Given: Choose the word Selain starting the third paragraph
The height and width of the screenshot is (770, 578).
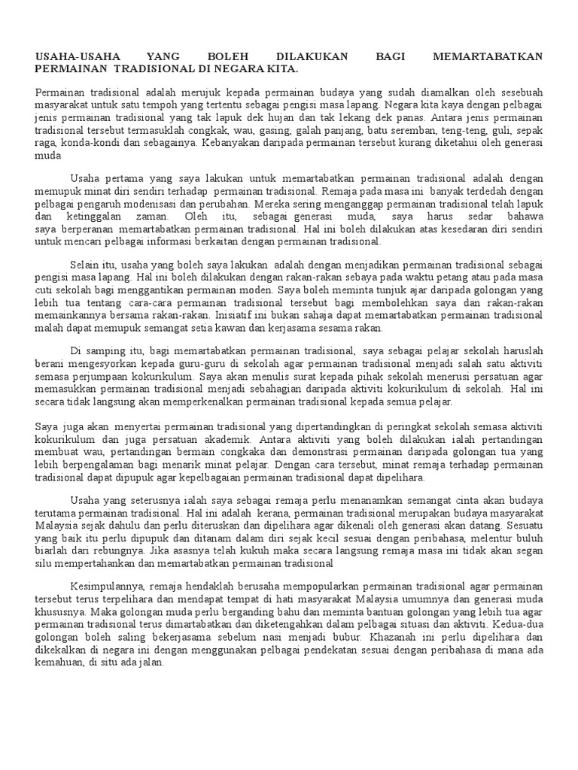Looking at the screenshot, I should (84, 266).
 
